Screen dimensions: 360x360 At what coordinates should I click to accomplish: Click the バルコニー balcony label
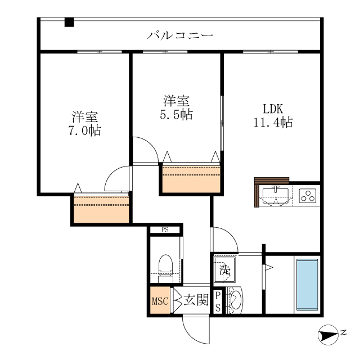(x=180, y=35)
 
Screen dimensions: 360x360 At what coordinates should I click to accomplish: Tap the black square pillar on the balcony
(x=69, y=22)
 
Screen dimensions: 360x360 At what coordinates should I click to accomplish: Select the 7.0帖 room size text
(x=85, y=130)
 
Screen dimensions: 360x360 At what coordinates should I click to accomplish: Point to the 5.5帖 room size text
(x=176, y=114)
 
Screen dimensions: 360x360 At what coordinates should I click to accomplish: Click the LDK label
(x=273, y=109)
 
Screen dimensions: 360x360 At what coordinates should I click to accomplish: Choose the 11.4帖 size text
(x=273, y=123)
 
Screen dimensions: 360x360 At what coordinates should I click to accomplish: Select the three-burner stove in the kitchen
(x=308, y=196)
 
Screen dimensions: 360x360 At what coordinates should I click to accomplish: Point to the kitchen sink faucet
(x=275, y=189)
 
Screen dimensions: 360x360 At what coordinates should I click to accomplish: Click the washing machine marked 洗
(x=224, y=270)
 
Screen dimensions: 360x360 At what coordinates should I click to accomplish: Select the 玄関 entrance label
(x=196, y=300)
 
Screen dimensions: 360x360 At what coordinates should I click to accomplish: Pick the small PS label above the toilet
(x=165, y=229)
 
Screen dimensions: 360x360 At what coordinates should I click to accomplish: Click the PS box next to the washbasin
(x=218, y=301)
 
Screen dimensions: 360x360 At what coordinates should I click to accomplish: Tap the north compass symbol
(x=328, y=335)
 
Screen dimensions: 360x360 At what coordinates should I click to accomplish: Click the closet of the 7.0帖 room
(x=101, y=209)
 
